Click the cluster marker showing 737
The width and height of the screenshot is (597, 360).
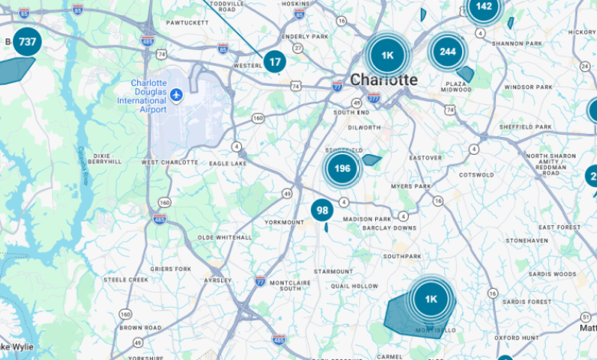click(28, 41)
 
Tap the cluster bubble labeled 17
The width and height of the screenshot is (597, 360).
click(275, 61)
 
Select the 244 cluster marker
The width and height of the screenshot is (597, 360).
click(448, 51)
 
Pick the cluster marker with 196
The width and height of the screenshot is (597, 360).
click(342, 169)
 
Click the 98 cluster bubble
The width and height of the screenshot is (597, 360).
click(322, 211)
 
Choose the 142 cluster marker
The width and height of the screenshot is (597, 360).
click(484, 8)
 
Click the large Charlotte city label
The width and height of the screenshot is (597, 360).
click(383, 80)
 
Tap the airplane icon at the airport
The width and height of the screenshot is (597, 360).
click(177, 94)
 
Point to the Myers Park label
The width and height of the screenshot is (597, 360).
click(411, 186)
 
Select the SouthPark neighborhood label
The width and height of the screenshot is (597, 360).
click(403, 256)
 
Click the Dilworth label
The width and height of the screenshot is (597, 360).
click(364, 127)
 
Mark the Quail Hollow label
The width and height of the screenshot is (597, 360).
click(354, 286)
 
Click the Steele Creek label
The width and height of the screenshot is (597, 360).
click(126, 280)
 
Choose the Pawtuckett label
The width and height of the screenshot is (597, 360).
click(187, 22)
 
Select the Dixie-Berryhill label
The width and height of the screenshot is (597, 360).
click(105, 159)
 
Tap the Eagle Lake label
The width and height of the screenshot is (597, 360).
click(227, 162)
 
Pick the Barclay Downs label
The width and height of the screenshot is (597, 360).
click(390, 227)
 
